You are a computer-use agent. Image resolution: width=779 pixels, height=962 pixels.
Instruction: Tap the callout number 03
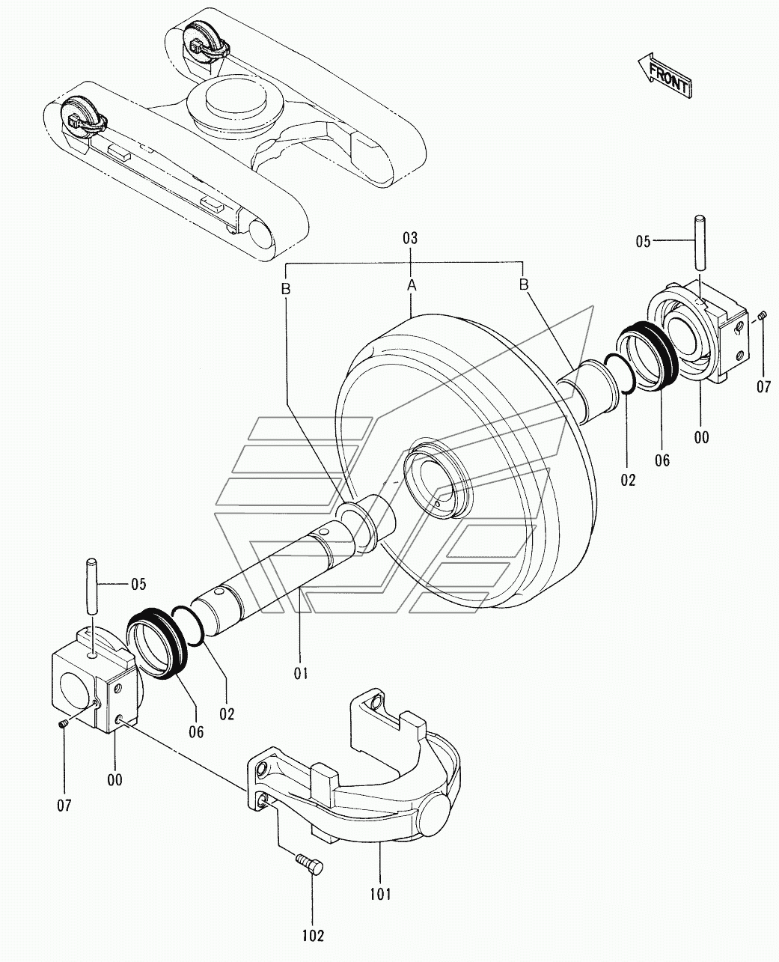click(x=410, y=239)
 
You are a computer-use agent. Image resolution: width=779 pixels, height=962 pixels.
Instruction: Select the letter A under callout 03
click(x=411, y=285)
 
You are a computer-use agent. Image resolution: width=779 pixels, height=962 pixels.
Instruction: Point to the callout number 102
click(x=314, y=936)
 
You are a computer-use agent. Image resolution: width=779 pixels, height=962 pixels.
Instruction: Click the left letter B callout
click(x=285, y=290)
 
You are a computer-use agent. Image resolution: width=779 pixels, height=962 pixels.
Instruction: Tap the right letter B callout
click(x=524, y=284)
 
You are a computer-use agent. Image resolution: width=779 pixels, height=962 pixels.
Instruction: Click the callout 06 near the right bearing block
click(x=662, y=461)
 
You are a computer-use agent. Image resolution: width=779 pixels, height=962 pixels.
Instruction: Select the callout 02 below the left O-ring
click(x=227, y=714)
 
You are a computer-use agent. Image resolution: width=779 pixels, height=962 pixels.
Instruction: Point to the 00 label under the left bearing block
click(x=115, y=779)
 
